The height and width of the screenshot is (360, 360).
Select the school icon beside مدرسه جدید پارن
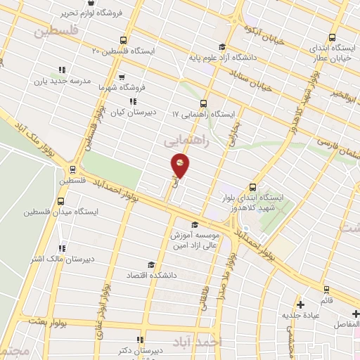tap(62, 70)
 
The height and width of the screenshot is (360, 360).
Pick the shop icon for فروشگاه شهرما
tap(121, 77)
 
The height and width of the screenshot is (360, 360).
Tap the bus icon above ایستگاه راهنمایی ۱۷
tap(204, 102)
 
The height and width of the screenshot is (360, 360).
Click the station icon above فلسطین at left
tap(72, 169)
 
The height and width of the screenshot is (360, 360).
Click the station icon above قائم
tap(326, 289)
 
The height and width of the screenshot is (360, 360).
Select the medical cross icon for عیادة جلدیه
tap(300, 304)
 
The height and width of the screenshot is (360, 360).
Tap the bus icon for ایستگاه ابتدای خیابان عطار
tap(332, 39)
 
